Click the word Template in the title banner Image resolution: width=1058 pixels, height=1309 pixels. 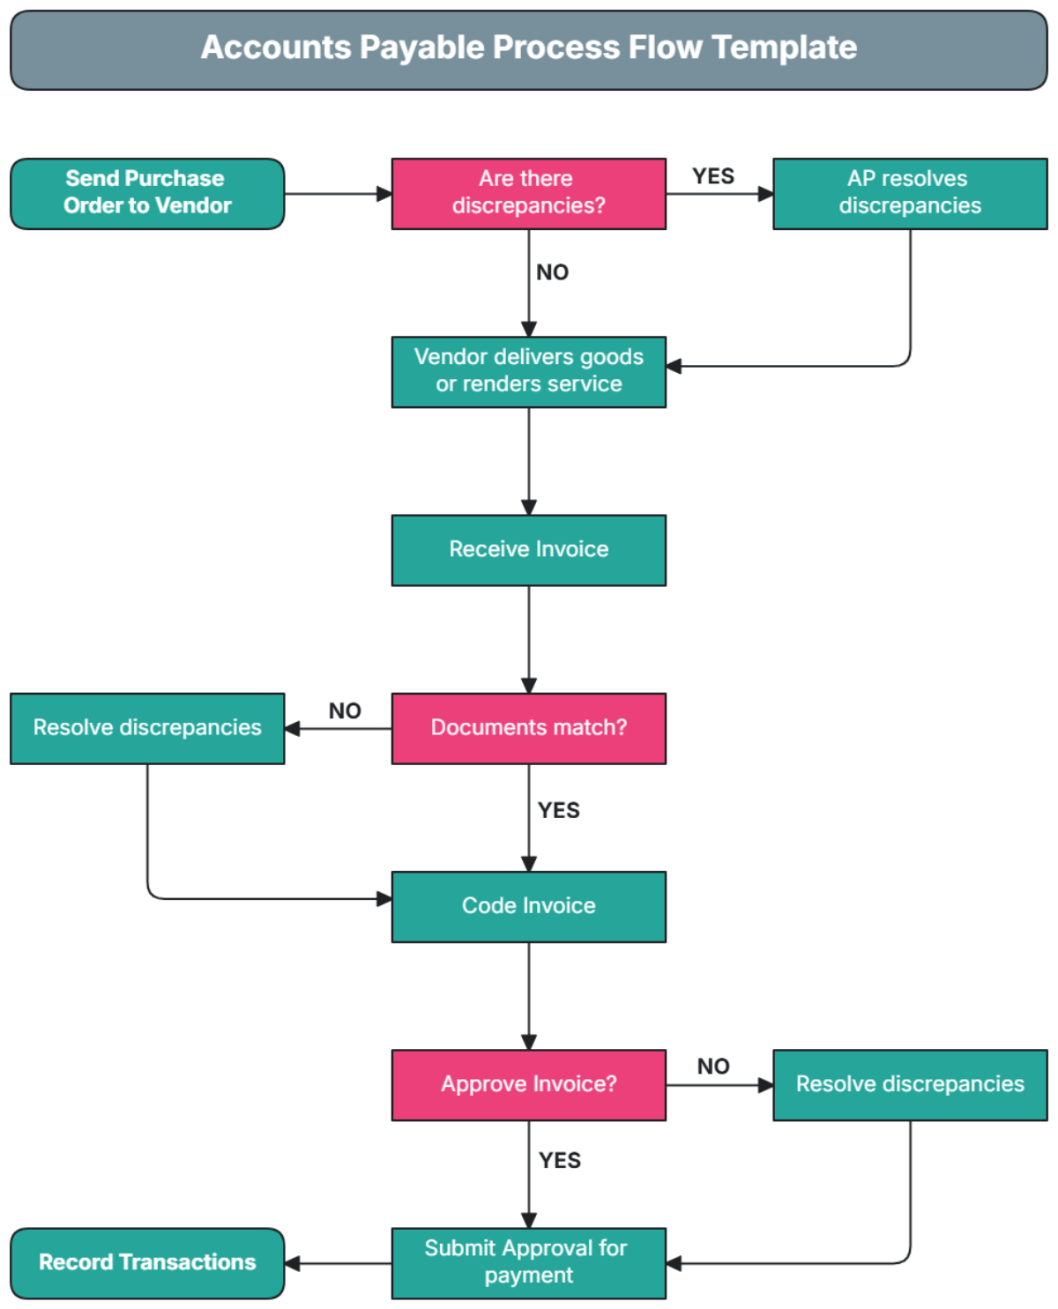pos(784,48)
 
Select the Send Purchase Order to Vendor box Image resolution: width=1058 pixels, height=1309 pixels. pos(147,193)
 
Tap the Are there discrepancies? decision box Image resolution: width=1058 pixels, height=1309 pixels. pos(528,193)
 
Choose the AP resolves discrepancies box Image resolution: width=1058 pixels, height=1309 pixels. pos(909,193)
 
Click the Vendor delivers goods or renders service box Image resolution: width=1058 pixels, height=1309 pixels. pos(528,371)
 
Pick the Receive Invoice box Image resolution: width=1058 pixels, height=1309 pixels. pos(528,549)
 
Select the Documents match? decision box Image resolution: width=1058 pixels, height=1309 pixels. pos(528,728)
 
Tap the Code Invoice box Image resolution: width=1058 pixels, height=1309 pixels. pos(528,906)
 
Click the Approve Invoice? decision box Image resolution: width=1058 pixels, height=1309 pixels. pos(528,1084)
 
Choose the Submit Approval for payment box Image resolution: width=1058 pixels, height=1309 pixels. pos(528,1262)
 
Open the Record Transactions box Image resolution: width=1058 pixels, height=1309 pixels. pos(147,1262)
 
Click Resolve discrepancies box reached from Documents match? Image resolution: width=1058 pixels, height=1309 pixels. pos(147,728)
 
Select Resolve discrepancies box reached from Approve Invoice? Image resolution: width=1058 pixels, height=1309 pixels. pos(909,1084)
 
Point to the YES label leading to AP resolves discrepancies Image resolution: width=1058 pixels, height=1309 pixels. pos(712,176)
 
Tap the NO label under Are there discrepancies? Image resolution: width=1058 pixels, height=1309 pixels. pos(552,272)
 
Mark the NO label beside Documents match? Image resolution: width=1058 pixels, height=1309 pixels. pos(345,710)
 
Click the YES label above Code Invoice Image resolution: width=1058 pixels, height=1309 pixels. pos(558,810)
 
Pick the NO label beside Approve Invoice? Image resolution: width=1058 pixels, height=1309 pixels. pos(712,1067)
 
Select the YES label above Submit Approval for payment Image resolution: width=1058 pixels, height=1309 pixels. pos(559,1160)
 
